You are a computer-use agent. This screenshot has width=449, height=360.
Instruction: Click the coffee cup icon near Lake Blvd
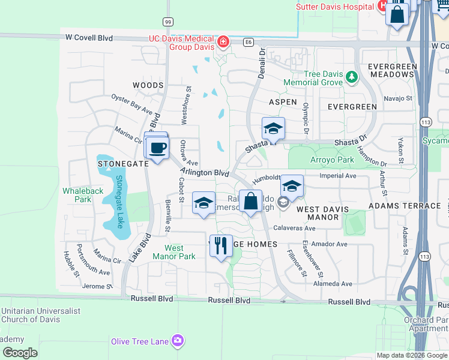[x=158, y=148]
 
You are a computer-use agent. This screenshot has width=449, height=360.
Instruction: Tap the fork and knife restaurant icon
[x=221, y=245]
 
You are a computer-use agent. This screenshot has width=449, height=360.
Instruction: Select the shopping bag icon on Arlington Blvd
[x=251, y=201]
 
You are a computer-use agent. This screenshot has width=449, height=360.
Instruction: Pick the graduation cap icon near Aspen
[x=273, y=128]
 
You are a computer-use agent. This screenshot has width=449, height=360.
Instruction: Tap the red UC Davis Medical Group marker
[x=223, y=41]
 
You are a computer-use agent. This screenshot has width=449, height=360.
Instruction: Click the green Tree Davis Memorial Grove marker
[x=352, y=77]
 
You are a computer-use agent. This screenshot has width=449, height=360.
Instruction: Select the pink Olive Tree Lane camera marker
[x=177, y=341]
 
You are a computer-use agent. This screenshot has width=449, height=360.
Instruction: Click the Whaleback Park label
[x=83, y=195]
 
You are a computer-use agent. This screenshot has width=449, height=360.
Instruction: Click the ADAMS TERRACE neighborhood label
[x=405, y=206]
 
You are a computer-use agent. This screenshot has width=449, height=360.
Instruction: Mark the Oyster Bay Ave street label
[x=132, y=103]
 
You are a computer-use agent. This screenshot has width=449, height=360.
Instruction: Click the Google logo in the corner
[x=20, y=353]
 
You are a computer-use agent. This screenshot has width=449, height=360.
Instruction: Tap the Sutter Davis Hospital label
[x=334, y=7]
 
